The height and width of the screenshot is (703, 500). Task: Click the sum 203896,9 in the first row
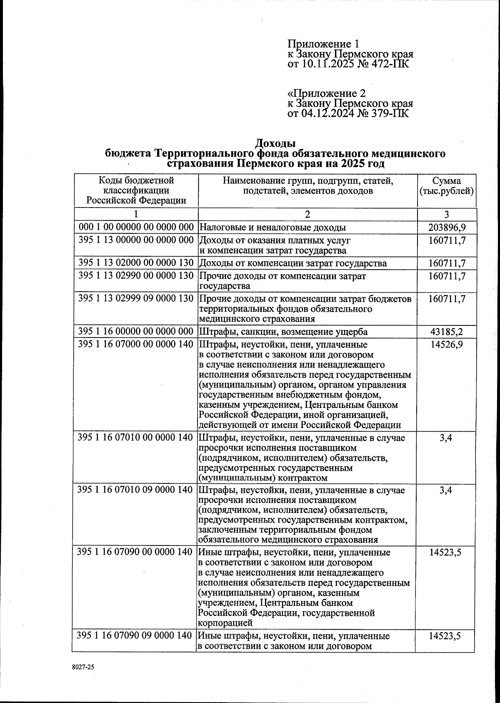pyautogui.click(x=447, y=228)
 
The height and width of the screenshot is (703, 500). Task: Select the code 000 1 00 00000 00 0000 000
pyautogui.click(x=136, y=228)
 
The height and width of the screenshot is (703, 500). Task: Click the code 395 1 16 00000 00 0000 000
pyautogui.click(x=136, y=332)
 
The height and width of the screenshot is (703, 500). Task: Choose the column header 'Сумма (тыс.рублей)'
pyautogui.click(x=447, y=186)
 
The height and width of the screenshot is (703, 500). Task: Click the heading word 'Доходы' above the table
pyautogui.click(x=275, y=144)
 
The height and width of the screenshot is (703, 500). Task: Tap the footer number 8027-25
pyautogui.click(x=83, y=667)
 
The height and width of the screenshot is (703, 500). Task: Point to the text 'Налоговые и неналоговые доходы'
pyautogui.click(x=273, y=228)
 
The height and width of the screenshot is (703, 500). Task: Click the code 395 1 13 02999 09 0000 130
pyautogui.click(x=136, y=299)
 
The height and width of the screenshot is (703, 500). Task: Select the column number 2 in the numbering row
pyautogui.click(x=307, y=215)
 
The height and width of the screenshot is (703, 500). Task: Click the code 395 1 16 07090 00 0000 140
pyautogui.click(x=135, y=552)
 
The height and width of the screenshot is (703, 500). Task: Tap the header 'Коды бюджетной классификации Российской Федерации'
pyautogui.click(x=136, y=190)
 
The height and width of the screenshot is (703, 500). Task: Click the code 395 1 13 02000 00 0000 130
pyautogui.click(x=136, y=263)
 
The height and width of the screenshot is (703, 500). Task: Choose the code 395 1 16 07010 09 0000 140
pyautogui.click(x=135, y=490)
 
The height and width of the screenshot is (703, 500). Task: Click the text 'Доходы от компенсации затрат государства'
pyautogui.click(x=293, y=263)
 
